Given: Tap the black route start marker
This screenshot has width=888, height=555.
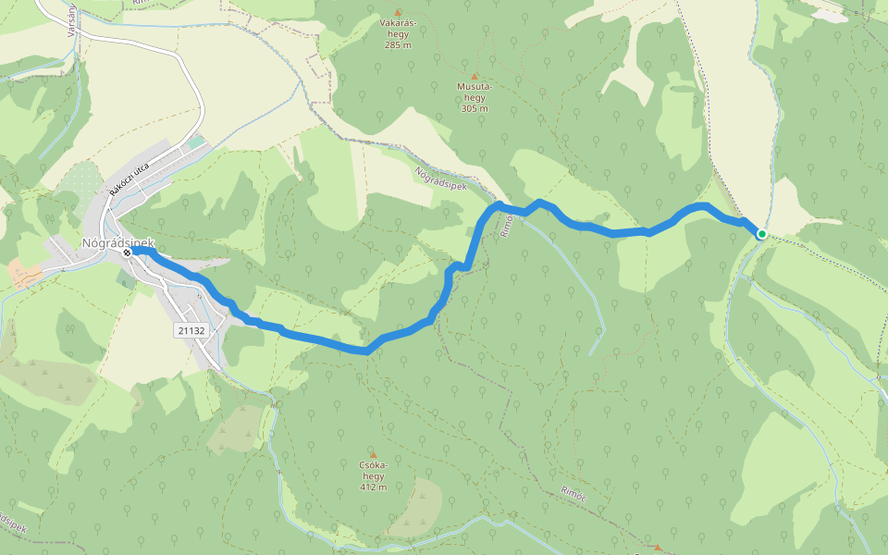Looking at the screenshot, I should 127,252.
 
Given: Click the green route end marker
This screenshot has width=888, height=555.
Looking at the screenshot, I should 761,234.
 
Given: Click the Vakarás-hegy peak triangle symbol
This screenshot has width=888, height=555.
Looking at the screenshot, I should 398,13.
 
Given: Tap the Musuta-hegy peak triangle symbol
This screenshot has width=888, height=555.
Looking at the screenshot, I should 475,76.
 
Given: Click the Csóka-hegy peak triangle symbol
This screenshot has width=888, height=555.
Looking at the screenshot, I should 373,454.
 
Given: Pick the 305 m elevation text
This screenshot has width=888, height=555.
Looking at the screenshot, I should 474,108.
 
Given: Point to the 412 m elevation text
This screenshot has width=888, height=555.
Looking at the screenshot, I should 373,487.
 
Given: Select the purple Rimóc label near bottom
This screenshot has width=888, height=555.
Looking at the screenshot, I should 573,494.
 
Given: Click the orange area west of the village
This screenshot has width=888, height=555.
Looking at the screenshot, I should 22,272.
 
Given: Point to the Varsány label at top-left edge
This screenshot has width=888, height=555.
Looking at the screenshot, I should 70,18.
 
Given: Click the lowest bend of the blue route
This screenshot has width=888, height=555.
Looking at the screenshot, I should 366,351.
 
